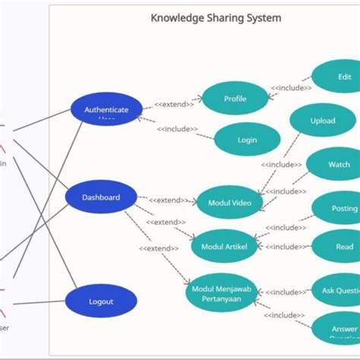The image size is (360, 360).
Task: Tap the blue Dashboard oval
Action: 101,197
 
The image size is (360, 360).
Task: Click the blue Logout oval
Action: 101,302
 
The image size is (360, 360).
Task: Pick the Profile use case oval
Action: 235,99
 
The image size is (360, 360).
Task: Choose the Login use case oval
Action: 247,140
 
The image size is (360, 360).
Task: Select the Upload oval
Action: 323,121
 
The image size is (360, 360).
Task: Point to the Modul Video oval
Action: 229,202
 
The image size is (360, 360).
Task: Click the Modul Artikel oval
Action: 224,246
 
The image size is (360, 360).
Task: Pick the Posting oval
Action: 342,208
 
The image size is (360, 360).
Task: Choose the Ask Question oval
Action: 339,291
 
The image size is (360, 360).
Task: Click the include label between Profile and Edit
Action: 292,88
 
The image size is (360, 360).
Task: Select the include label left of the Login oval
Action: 178,129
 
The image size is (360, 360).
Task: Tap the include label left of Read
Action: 286,246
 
